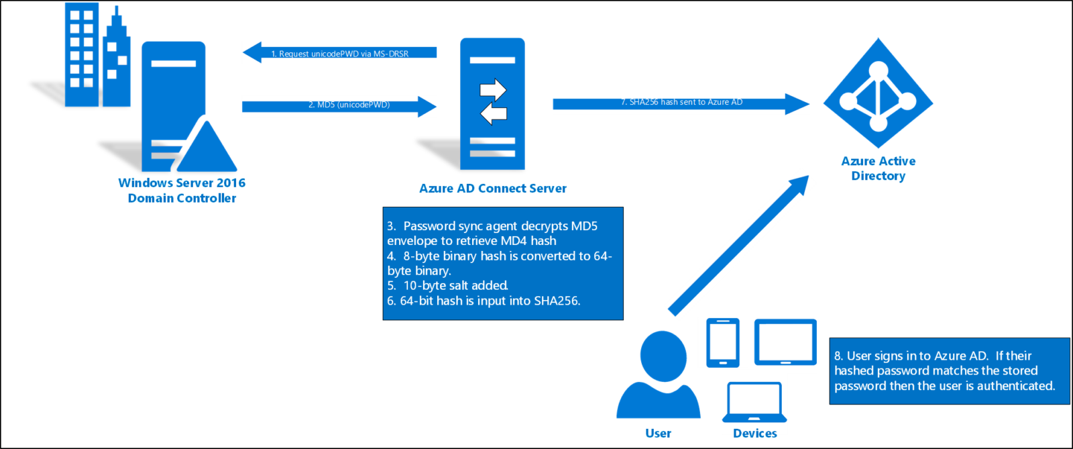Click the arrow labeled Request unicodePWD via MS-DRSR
[x=339, y=52]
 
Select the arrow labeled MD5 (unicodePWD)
[x=339, y=107]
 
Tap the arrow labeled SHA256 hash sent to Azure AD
[x=681, y=104]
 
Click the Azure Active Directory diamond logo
[x=878, y=93]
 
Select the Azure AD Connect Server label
[x=493, y=189]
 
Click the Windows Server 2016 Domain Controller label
[x=182, y=190]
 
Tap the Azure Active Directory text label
[x=879, y=168]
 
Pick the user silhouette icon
[x=659, y=375]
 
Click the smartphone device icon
[x=723, y=342]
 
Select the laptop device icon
[x=754, y=402]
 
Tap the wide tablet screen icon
[x=785, y=342]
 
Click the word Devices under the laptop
[x=755, y=433]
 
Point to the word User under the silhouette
[x=658, y=433]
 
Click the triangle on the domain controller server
[x=207, y=146]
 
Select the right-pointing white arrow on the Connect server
[x=493, y=90]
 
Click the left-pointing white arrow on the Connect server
[x=494, y=113]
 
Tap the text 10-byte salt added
[x=455, y=286]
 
